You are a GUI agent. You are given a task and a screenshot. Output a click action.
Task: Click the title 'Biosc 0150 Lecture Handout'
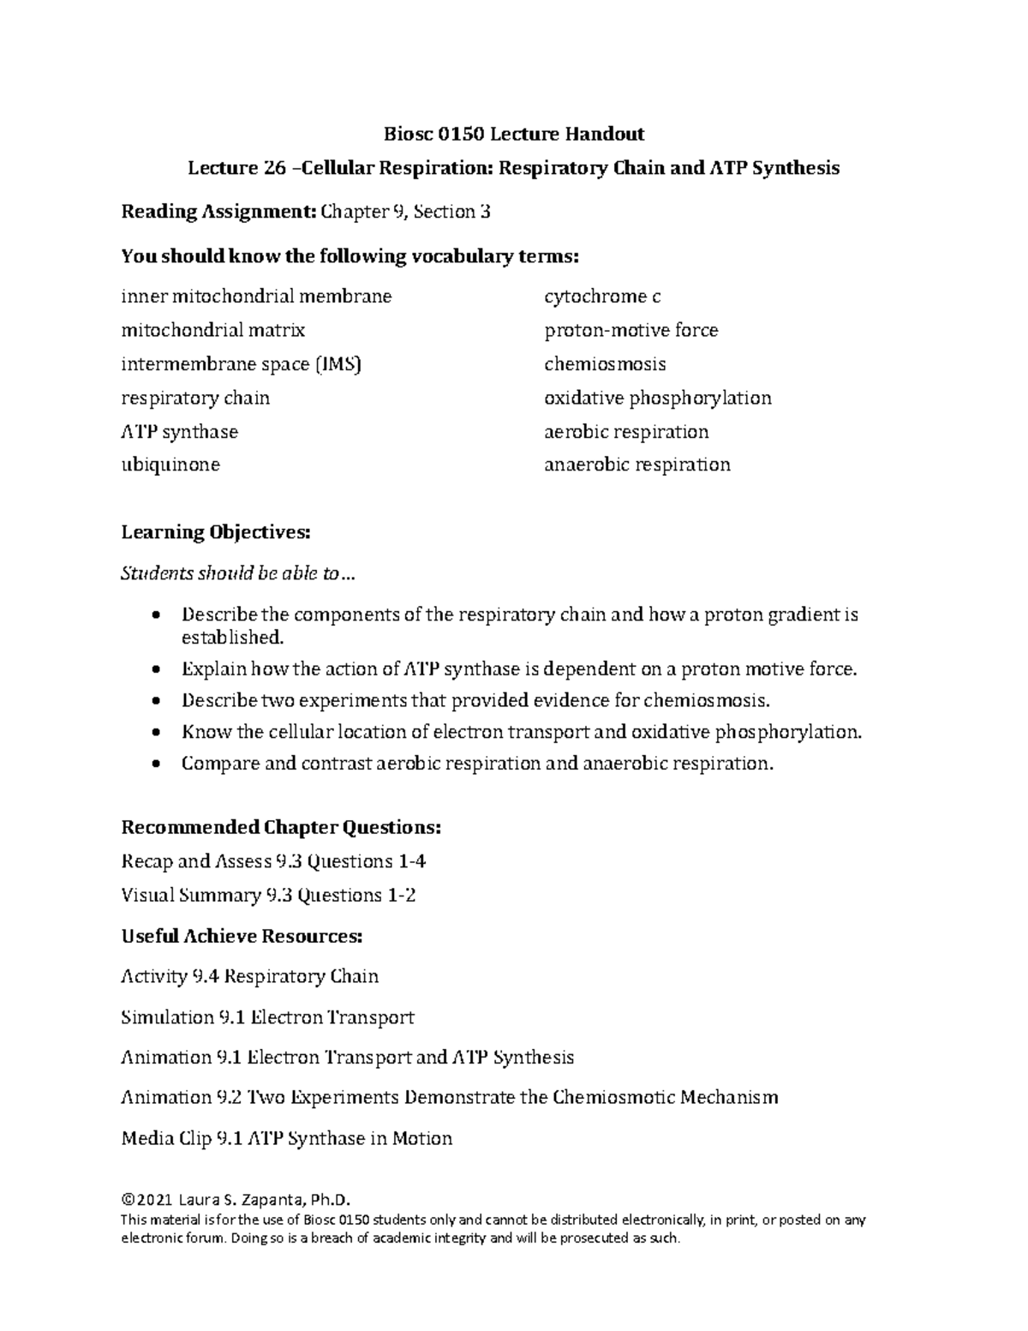click(x=513, y=134)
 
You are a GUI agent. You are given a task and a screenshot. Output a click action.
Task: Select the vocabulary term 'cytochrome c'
click(x=602, y=297)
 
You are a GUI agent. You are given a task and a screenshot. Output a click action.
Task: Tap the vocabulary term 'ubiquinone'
click(x=170, y=465)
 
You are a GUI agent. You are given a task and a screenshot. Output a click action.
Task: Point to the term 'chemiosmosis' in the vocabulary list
click(x=605, y=364)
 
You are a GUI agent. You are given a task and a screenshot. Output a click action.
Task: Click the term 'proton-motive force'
click(x=631, y=330)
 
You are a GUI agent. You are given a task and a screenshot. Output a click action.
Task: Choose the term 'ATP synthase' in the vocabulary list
click(x=180, y=432)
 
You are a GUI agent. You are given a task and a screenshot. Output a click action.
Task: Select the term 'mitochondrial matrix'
click(x=213, y=330)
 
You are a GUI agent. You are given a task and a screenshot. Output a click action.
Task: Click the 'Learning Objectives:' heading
click(x=216, y=532)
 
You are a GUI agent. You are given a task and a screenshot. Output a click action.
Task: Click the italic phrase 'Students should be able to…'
click(x=237, y=574)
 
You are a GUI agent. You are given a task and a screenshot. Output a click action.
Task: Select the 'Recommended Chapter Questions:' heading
click(x=282, y=827)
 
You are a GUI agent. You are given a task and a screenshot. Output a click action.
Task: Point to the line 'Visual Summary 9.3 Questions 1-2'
click(x=269, y=896)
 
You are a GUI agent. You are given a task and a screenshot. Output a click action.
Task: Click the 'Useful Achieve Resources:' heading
click(x=242, y=936)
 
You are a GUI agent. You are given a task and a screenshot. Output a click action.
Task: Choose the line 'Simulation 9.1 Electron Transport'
click(x=268, y=1017)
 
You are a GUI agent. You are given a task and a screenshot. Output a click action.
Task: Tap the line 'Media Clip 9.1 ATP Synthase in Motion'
click(x=287, y=1138)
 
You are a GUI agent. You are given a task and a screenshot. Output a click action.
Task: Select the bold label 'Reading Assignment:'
click(x=218, y=212)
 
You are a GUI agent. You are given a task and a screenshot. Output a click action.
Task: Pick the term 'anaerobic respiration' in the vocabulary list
click(x=637, y=465)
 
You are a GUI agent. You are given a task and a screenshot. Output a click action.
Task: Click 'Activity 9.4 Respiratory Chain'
click(x=250, y=976)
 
